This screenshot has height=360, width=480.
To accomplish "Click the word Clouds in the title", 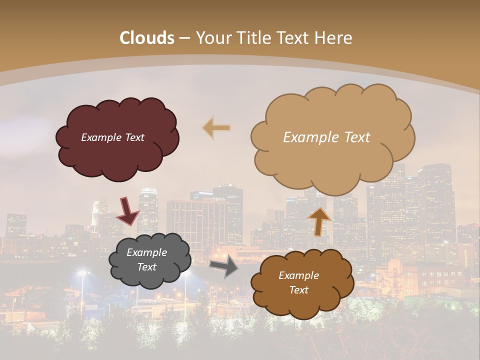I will click(147, 38).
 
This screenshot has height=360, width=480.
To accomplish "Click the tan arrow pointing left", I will click(216, 127).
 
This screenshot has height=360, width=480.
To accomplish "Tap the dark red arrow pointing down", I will click(127, 211).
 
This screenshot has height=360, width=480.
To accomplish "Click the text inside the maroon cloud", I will click(112, 137).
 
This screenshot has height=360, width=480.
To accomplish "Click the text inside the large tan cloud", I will click(326, 137).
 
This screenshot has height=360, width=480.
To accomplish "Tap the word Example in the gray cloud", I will click(146, 252).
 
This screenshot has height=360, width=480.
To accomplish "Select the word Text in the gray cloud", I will click(146, 267).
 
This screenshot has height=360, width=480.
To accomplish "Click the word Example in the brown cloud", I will click(298, 275).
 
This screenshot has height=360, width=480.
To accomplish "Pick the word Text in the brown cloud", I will click(298, 290).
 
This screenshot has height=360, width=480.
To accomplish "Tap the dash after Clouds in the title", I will click(184, 38).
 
